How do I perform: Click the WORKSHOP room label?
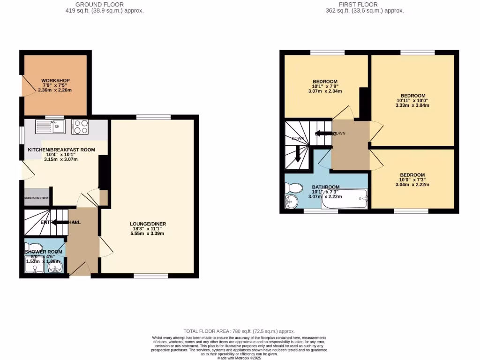click(55, 80)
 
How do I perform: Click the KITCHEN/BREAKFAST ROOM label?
click(61, 150)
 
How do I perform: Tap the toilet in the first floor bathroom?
click(294, 188)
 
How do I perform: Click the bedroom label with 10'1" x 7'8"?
click(325, 82)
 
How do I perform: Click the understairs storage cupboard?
click(37, 198)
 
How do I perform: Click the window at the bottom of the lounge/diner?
click(150, 276)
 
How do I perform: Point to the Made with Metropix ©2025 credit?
click(240, 358)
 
